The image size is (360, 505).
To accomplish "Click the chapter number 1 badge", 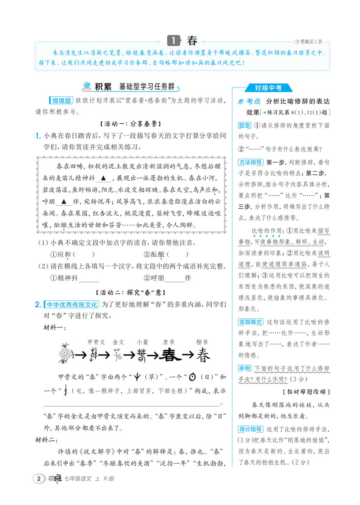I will point(174,41).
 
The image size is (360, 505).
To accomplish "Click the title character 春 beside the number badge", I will point(192,41).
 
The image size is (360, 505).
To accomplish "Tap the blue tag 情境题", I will point(61,101).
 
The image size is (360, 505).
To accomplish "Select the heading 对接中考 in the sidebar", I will point(268,88).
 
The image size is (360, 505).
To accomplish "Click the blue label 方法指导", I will point(251,162).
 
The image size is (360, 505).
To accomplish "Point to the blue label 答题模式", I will point(251,322).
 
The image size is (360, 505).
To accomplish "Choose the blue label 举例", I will point(244,368).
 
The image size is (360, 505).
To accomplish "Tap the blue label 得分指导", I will point(251,429).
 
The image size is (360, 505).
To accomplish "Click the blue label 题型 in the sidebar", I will point(244,126).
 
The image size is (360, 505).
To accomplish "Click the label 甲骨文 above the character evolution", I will point(96,342).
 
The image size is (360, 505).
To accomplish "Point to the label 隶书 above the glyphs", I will point(168,342).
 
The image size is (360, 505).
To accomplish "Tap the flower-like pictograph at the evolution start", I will point(65,353).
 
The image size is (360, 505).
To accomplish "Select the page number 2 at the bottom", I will point(39,478).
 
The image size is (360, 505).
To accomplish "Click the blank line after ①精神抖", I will point(89,278).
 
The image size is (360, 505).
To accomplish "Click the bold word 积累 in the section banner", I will point(103,87).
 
